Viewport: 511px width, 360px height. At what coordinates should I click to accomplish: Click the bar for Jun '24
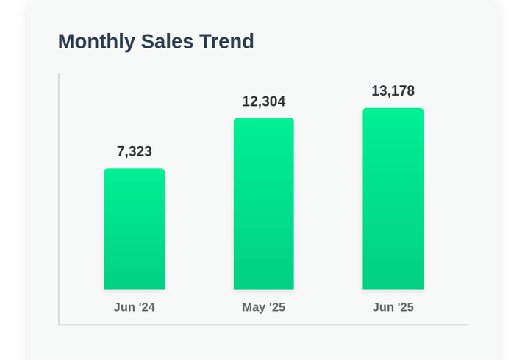[134, 229]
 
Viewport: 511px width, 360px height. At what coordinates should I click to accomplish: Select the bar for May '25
[263, 204]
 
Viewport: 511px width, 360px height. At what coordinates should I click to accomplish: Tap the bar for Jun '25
[393, 199]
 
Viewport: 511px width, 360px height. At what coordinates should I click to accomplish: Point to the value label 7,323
[134, 151]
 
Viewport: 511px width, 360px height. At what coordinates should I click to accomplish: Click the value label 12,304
[263, 101]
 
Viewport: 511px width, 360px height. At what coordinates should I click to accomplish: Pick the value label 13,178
[393, 91]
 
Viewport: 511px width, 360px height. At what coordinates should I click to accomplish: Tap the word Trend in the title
[227, 42]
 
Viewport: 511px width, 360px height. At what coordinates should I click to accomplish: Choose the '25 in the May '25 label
[276, 307]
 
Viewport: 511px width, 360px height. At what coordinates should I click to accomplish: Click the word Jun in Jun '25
[383, 307]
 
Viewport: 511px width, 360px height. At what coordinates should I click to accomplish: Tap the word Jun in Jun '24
[124, 307]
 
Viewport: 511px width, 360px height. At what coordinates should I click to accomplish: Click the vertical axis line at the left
[59, 198]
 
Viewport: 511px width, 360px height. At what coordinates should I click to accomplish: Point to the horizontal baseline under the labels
[263, 324]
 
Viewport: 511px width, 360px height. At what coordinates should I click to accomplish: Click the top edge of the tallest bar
[393, 109]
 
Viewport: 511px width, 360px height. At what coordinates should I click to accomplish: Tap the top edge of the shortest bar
[134, 170]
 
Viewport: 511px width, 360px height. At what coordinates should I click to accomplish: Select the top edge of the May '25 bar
[263, 119]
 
